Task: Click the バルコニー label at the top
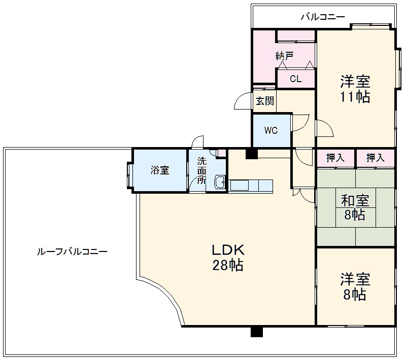pyautogui.click(x=323, y=17)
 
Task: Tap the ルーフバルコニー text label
pyautogui.click(x=72, y=251)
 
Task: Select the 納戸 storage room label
pyautogui.click(x=284, y=56)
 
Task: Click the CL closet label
pyautogui.click(x=295, y=79)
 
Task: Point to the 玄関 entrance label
pyautogui.click(x=264, y=101)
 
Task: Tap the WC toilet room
pyautogui.click(x=271, y=130)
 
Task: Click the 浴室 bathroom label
pyautogui.click(x=159, y=170)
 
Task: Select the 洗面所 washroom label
pyautogui.click(x=202, y=171)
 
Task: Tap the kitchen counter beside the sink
pyautogui.click(x=251, y=186)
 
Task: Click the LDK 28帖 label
pyautogui.click(x=228, y=257)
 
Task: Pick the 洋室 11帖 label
pyautogui.click(x=355, y=89)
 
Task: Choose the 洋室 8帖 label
pyautogui.click(x=355, y=286)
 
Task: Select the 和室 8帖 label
pyautogui.click(x=355, y=207)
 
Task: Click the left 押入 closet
pyautogui.click(x=335, y=158)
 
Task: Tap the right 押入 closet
pyautogui.click(x=376, y=158)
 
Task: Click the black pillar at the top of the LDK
pyautogui.click(x=251, y=153)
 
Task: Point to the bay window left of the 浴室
pyautogui.click(x=129, y=175)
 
